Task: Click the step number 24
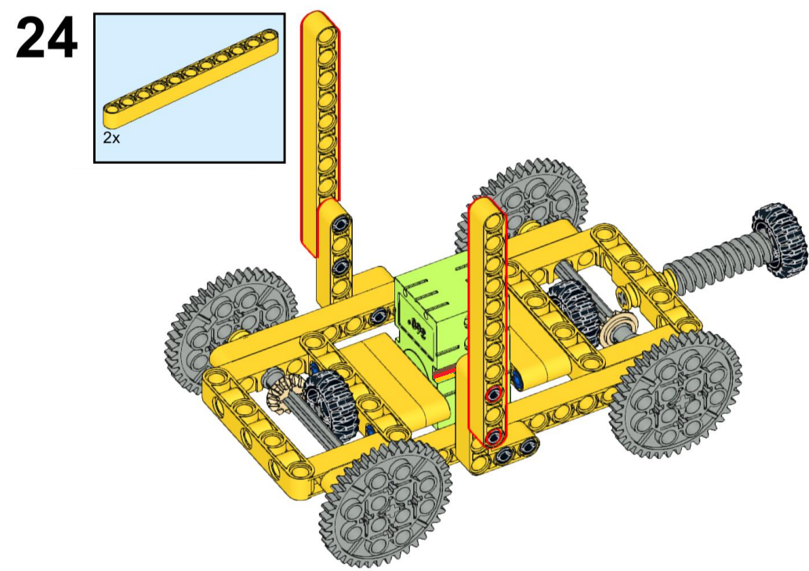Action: click(x=47, y=38)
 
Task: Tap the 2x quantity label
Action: click(x=111, y=138)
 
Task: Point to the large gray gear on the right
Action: click(x=675, y=395)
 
